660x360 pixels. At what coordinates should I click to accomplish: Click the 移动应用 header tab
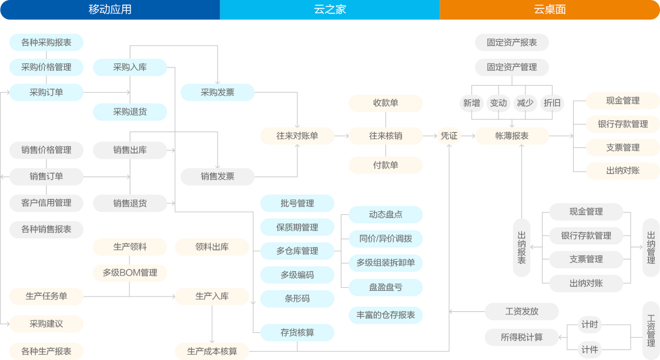[x=110, y=9]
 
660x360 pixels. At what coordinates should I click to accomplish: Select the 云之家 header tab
[x=330, y=9]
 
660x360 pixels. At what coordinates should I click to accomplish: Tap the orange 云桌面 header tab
[x=550, y=9]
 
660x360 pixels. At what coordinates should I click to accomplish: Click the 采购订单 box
[x=46, y=92]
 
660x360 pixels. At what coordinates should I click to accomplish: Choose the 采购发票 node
[x=217, y=92]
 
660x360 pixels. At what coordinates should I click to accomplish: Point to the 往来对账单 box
[x=297, y=136]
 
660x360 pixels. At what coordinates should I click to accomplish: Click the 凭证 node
[x=449, y=136]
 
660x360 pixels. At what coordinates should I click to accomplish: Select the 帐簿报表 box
[x=512, y=136]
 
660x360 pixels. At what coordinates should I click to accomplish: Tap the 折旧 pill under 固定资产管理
[x=552, y=103]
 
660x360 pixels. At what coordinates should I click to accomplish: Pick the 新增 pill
[x=471, y=103]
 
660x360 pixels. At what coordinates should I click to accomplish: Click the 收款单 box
[x=386, y=103]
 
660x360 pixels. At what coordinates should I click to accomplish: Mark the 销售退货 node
[x=130, y=203]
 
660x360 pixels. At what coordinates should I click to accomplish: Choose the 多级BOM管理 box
[x=130, y=272]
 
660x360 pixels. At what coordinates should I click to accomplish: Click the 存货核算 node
[x=297, y=332]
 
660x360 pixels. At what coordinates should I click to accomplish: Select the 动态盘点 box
[x=386, y=214]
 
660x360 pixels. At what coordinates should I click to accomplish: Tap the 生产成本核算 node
[x=212, y=351]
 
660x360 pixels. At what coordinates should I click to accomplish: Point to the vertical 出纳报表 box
[x=521, y=248]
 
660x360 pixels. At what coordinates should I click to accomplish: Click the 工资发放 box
[x=521, y=311]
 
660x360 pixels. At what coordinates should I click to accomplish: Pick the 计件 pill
[x=589, y=350]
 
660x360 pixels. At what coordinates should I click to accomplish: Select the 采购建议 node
[x=46, y=324]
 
